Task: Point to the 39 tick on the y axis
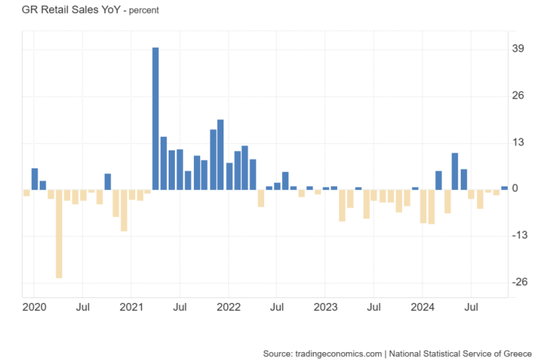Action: [518, 48]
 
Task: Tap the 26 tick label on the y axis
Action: [518, 95]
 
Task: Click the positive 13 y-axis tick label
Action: [518, 142]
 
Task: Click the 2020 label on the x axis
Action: [34, 308]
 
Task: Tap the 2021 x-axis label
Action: [131, 308]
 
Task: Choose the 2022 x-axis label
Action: [229, 308]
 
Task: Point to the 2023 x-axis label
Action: [325, 308]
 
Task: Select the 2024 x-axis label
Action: [423, 308]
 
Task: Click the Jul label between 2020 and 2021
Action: [82, 308]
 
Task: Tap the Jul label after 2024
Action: [472, 308]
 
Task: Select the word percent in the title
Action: [143, 11]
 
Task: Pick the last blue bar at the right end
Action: [504, 188]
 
